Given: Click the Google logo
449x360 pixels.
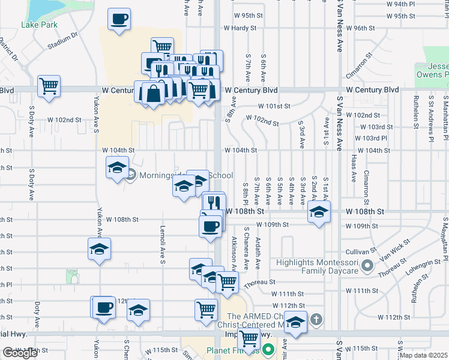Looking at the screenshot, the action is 20,353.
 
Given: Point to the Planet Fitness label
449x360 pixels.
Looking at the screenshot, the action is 233,351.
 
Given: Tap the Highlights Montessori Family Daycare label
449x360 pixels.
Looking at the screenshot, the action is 318,267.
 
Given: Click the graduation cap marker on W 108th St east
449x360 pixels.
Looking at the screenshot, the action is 319,211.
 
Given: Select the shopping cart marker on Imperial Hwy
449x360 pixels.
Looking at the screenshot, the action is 249,338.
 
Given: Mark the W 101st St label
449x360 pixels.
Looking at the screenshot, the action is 274,106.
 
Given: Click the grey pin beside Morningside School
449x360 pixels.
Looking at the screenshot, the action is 132,175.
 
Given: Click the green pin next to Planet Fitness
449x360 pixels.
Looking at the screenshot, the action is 268,348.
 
